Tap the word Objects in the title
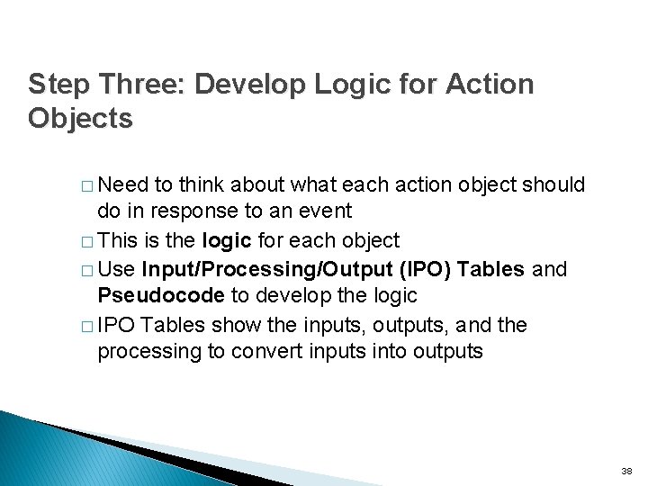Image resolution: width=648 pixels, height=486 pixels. click(80, 119)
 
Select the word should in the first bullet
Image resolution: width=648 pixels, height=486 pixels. click(556, 185)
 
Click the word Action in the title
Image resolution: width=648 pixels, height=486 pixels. click(490, 85)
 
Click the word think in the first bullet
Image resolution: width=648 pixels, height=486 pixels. click(202, 185)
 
